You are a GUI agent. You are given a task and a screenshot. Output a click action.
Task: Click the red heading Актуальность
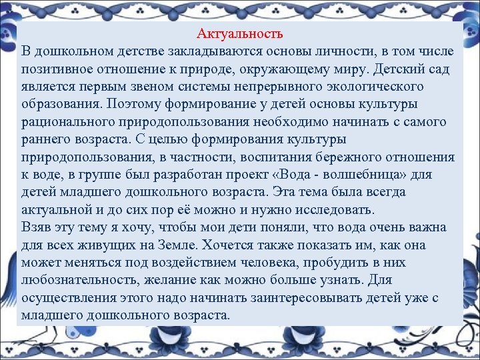(241, 33)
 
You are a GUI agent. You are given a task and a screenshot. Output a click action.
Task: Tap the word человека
(274, 262)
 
